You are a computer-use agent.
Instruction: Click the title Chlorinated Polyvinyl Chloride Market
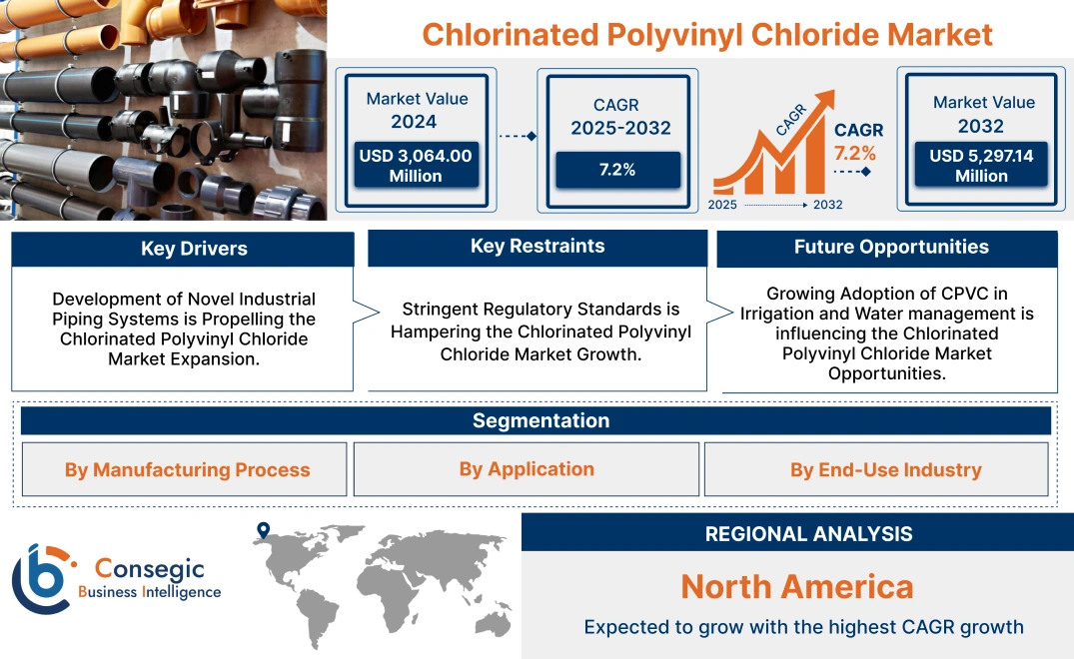706,34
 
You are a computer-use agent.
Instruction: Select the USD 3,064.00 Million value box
415,165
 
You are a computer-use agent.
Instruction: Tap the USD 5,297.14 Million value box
981,166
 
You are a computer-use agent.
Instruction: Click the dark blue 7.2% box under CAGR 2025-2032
617,170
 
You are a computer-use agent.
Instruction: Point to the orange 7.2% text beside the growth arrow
855,153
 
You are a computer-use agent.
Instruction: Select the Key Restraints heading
537,247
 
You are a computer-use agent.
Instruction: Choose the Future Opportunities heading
891,247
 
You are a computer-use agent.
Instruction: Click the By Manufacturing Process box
187,469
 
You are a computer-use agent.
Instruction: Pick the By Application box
527,469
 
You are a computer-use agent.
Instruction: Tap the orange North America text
796,586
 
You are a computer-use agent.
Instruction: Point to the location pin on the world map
263,530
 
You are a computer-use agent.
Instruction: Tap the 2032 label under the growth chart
827,205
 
